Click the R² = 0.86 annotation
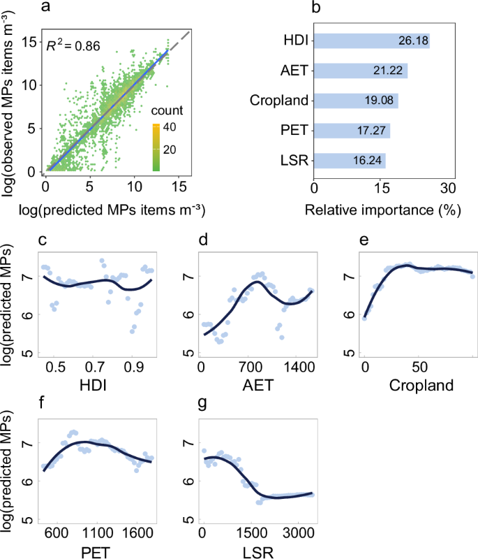click(73, 47)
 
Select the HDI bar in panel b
click(371, 41)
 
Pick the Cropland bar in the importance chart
click(356, 100)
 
